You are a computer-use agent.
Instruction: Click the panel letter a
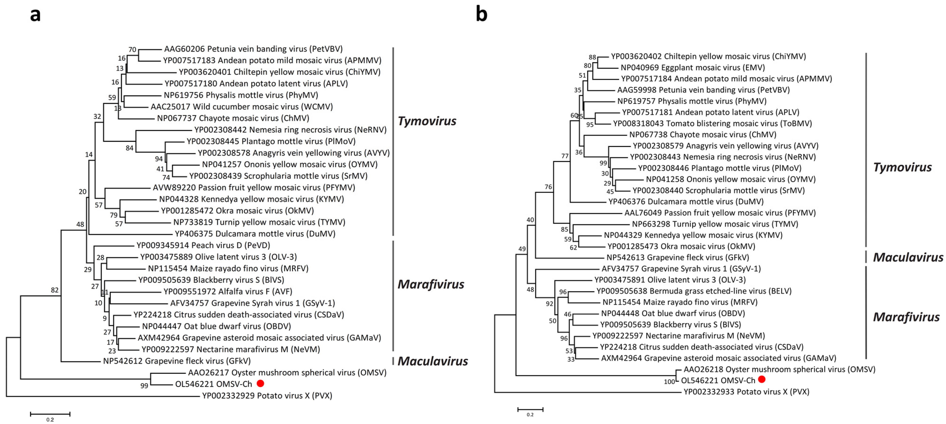click(35, 15)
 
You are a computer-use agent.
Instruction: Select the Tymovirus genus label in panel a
click(427, 121)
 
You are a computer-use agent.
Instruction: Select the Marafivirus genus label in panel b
click(906, 317)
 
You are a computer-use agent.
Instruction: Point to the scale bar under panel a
click(50, 414)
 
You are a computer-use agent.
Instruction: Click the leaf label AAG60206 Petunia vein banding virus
click(253, 49)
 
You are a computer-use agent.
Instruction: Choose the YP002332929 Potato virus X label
click(267, 396)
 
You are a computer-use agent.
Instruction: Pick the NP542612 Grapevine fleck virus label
click(177, 361)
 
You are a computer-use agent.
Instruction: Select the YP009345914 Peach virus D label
click(203, 245)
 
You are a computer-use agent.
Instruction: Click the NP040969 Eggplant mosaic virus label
click(693, 68)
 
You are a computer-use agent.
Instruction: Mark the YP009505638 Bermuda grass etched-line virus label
click(694, 291)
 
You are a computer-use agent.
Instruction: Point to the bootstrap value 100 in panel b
click(669, 382)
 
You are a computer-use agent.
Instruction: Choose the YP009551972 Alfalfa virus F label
click(228, 291)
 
